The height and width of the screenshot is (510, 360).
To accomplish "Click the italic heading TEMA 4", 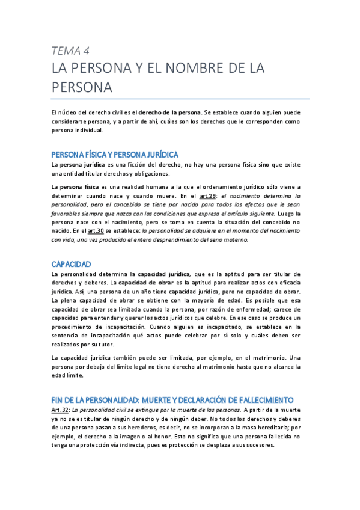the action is point(70,50).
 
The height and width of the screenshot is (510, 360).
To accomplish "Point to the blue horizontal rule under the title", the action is point(180,99).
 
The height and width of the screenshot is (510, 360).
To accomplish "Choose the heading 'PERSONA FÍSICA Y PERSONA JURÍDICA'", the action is point(115,155).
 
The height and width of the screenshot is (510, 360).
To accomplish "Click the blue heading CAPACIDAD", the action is point(71,264).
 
